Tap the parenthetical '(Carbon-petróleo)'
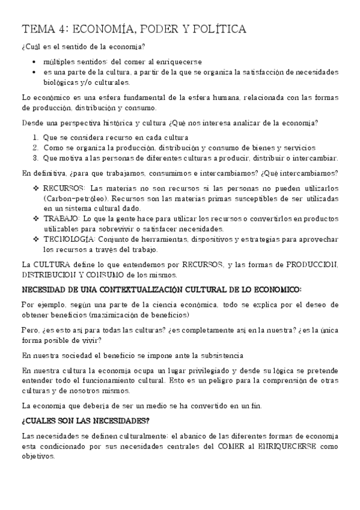point(76,198)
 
